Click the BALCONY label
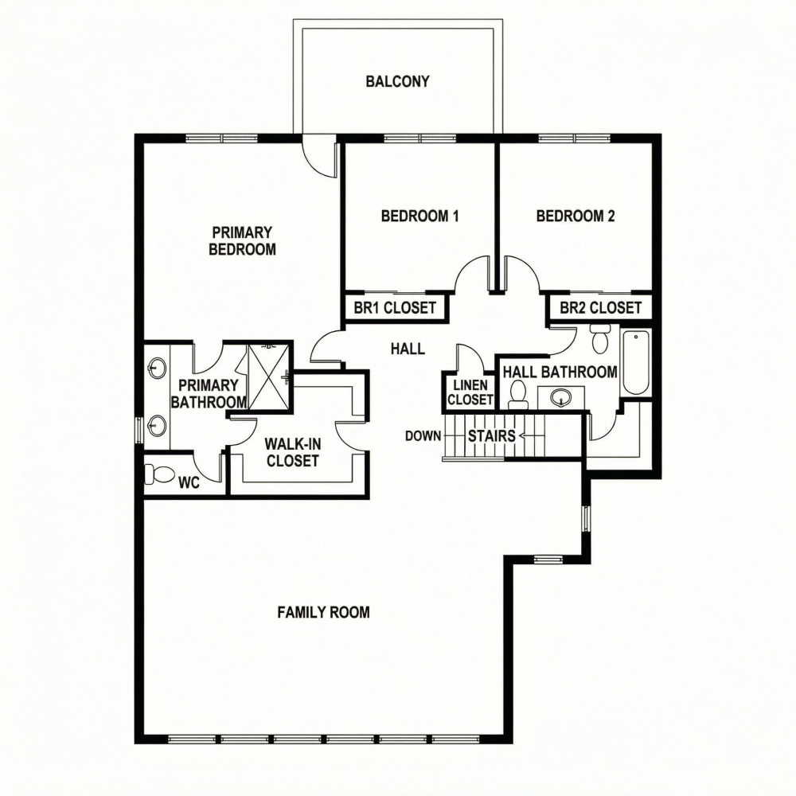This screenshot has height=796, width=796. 397,81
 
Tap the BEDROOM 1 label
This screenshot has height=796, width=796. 420,216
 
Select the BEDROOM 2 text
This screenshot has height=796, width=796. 576,216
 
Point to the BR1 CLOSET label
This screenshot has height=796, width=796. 395,308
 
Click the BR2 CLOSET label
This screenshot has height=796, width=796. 600,308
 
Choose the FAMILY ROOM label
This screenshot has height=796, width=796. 323,612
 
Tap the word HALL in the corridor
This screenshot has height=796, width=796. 408,349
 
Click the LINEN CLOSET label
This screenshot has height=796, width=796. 470,392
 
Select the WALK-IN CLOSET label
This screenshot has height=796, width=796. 292,451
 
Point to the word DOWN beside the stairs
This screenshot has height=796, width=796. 423,436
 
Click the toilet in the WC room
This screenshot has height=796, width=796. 160,475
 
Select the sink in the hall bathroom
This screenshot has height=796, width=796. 562,396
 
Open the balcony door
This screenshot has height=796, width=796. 322,156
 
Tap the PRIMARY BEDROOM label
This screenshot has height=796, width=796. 242,240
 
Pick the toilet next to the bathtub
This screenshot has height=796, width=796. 601,339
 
